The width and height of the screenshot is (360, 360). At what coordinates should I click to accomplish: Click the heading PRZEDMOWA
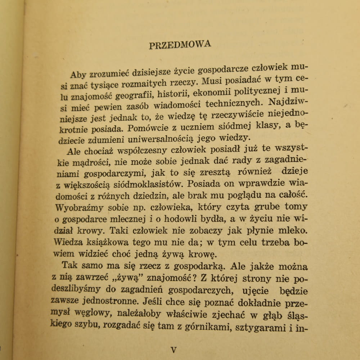pos(180,45)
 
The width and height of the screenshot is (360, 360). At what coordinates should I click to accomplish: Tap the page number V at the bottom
pos(174,349)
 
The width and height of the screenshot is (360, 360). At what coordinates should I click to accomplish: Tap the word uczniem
pos(187,127)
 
